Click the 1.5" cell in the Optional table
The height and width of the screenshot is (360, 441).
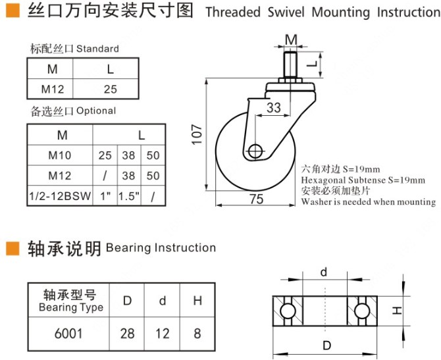[128, 195]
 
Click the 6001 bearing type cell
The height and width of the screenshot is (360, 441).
[68, 334]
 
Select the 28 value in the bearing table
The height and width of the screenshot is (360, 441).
[128, 334]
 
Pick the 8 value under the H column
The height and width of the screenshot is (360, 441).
[197, 334]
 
